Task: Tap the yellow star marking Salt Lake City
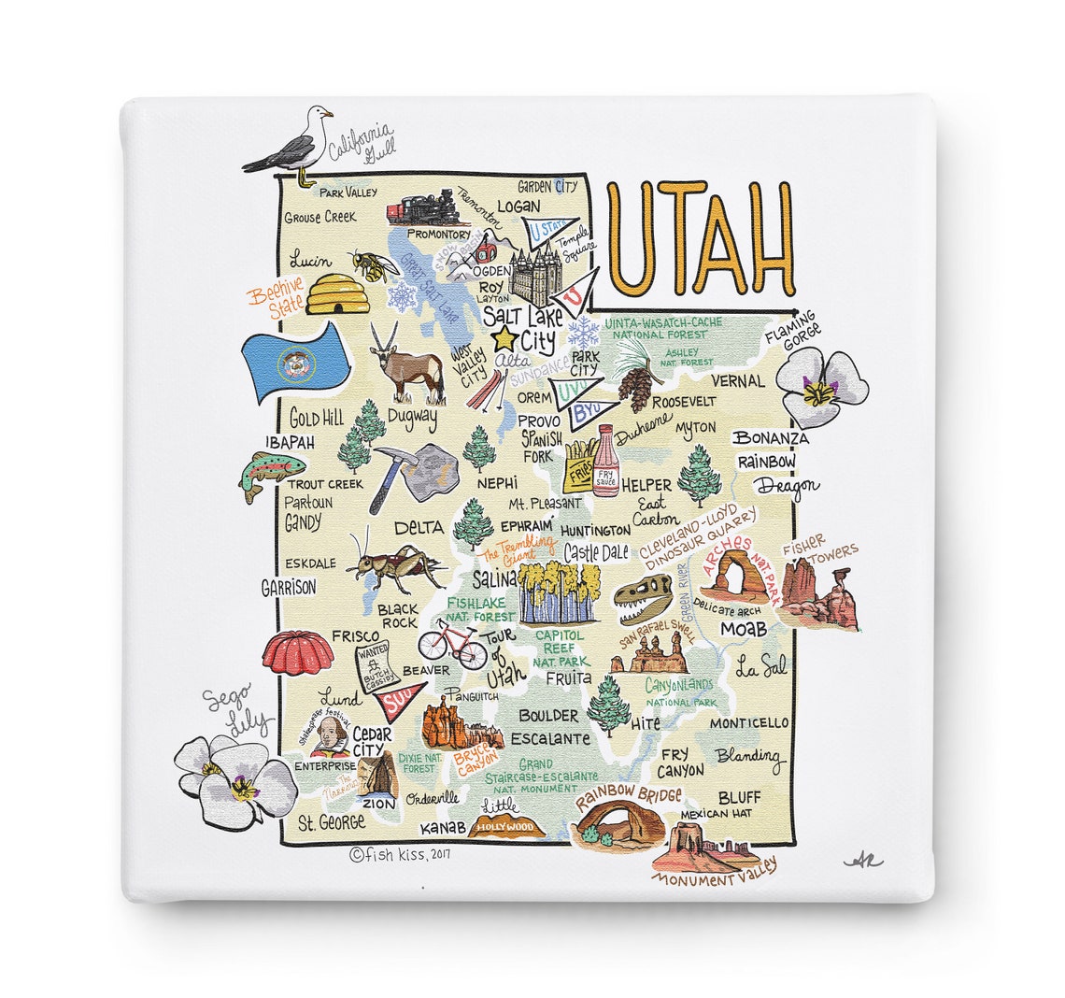[505, 338]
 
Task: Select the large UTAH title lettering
[701, 239]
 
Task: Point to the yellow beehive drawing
[337, 293]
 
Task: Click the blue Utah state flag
[294, 363]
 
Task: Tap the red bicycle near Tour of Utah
[446, 641]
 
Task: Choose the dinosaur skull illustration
[644, 598]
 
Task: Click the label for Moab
[743, 630]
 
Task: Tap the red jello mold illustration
[297, 652]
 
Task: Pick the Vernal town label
[737, 381]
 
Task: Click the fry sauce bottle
[605, 461]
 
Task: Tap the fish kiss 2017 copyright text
[400, 853]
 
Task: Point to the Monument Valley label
[714, 872]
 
